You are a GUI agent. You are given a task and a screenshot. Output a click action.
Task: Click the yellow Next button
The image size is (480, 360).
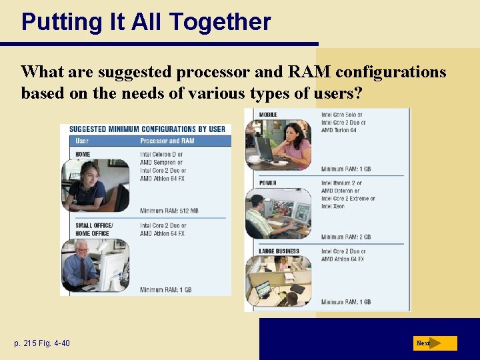click(x=435, y=343)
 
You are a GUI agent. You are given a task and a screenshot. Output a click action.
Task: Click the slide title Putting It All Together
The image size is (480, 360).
click(x=146, y=22)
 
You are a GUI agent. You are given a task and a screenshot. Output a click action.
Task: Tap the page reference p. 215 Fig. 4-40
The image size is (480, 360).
click(x=41, y=343)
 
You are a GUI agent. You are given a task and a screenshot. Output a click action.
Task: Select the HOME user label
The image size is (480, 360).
click(x=83, y=155)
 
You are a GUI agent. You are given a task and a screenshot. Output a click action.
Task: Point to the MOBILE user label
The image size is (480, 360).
click(x=268, y=115)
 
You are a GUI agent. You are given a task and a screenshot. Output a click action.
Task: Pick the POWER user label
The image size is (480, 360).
click(x=268, y=183)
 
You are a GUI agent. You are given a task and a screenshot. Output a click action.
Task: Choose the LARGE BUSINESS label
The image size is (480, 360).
click(x=279, y=251)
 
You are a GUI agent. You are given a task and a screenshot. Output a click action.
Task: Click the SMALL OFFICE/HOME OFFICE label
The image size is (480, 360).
click(x=94, y=229)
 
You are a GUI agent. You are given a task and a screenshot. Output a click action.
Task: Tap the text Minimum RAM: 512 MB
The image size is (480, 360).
click(x=169, y=211)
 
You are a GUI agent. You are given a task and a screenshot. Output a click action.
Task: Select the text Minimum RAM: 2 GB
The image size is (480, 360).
click(x=346, y=237)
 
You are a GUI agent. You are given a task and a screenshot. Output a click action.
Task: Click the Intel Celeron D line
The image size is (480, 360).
click(x=161, y=155)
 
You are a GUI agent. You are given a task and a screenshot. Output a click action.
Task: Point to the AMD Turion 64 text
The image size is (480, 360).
click(x=339, y=131)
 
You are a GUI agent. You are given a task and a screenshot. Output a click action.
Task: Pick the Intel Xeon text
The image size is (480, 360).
click(x=333, y=207)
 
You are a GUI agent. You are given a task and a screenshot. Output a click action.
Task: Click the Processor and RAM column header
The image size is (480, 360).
click(x=167, y=141)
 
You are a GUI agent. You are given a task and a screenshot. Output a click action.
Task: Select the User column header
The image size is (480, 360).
click(x=82, y=141)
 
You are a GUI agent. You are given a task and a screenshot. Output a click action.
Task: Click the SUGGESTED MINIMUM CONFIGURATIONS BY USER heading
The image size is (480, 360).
click(x=147, y=129)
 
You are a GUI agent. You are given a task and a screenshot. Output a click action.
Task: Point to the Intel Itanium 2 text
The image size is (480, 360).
click(x=341, y=183)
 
